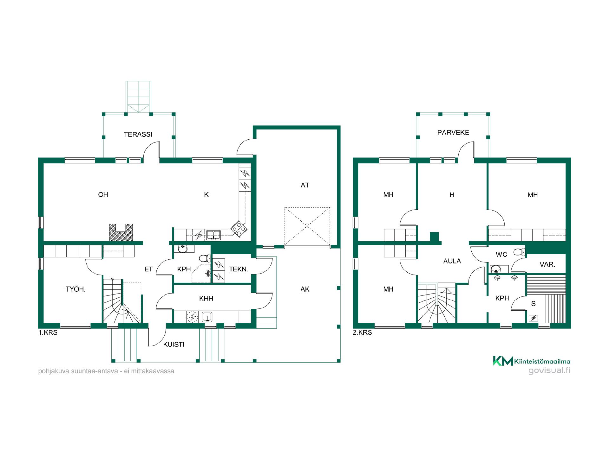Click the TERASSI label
tap(138, 134)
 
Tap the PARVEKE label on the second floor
tap(453, 132)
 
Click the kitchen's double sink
tap(213, 235)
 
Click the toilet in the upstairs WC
tap(519, 252)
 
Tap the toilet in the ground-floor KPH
tap(205, 258)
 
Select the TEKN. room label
tap(238, 269)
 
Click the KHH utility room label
tap(206, 298)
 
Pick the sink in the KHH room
tap(207, 316)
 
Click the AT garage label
tap(305, 185)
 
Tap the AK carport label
tap(305, 289)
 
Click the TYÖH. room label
tap(75, 289)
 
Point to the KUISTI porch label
tap(174, 345)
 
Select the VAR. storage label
tap(547, 264)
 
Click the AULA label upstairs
tap(452, 261)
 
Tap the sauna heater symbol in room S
tap(534, 318)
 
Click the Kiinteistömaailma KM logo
tap(503, 361)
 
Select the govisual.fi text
tap(549, 370)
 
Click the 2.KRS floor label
tap(363, 333)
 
